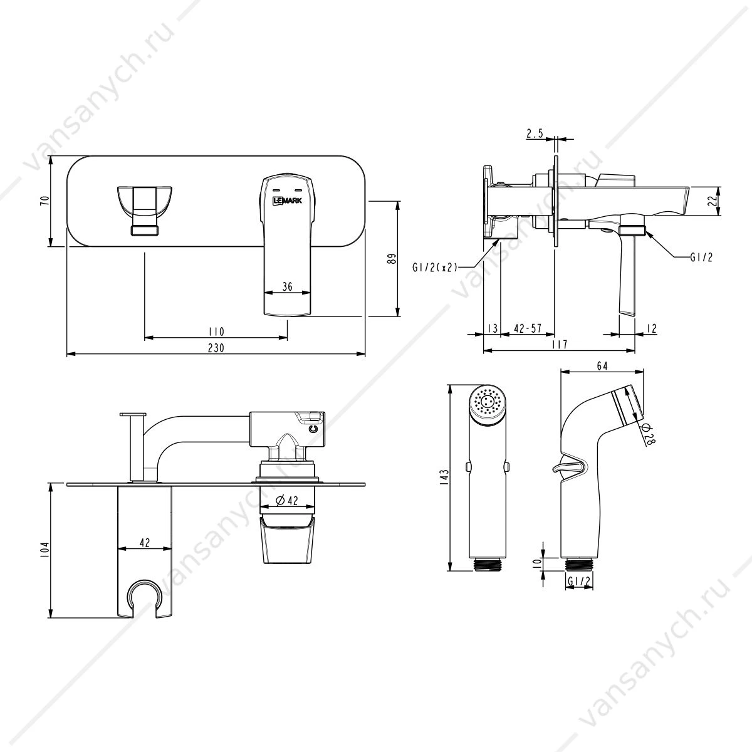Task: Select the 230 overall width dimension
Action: point(216,347)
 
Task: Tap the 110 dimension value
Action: point(216,332)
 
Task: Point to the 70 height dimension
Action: point(45,201)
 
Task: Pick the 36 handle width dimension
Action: point(287,287)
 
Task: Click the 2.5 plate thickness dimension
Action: point(535,133)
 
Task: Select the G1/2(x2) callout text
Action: point(434,268)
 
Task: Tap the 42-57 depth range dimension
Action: point(528,328)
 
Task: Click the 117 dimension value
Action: point(560,345)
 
